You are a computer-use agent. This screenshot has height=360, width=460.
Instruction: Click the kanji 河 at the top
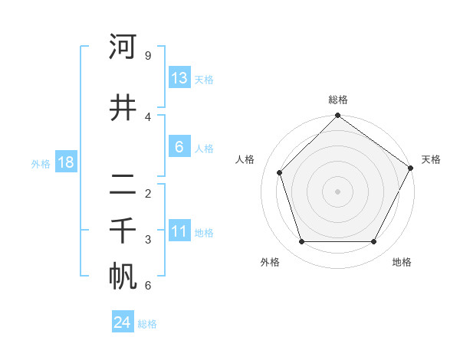123,47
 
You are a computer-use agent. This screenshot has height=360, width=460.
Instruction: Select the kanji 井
123,107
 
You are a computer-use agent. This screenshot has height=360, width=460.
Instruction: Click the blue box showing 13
179,77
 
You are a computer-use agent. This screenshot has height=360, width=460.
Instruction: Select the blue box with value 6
179,147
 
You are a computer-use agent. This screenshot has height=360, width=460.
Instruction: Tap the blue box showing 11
179,232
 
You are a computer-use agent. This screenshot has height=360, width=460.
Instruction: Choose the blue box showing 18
65,162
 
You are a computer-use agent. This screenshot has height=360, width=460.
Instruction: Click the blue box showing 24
123,322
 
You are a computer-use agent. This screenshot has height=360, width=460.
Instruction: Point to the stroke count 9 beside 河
147,56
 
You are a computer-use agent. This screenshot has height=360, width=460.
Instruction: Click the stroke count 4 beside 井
147,116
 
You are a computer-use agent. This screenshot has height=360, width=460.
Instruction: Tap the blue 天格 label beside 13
204,79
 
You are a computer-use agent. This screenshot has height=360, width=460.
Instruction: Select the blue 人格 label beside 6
204,149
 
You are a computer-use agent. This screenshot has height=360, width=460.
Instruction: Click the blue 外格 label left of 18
41,163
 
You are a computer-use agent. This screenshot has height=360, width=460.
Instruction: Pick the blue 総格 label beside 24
147,324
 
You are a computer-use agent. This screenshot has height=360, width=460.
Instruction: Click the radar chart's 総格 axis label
338,100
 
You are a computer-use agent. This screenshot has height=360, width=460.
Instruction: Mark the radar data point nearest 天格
410,169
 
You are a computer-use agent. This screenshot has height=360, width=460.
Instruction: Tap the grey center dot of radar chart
337,191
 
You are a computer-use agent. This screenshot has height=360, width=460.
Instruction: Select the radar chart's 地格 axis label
402,262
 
